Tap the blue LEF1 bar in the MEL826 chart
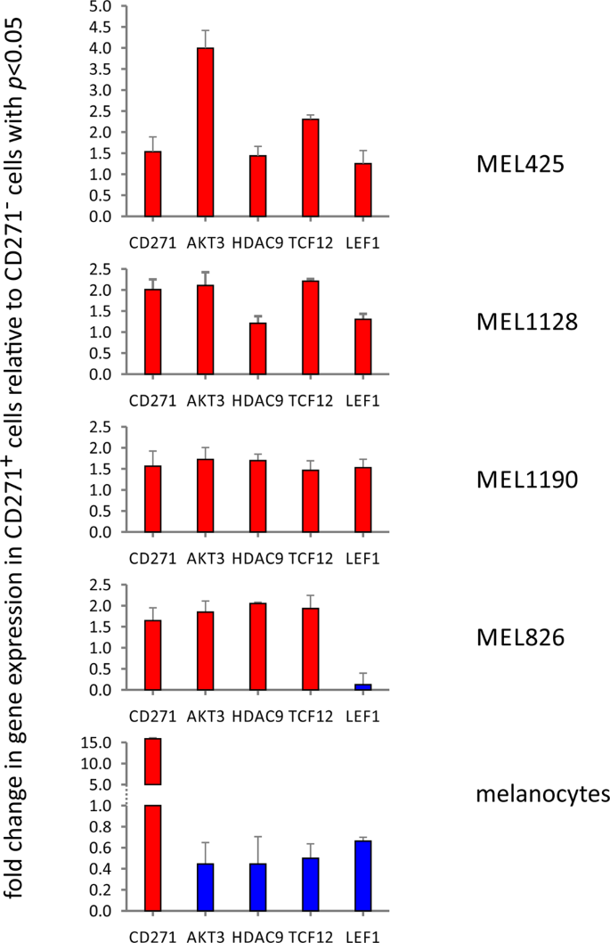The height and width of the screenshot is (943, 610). click(362, 687)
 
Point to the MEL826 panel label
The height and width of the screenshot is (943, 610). click(516, 638)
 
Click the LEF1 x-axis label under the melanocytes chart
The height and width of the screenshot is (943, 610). click(362, 931)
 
